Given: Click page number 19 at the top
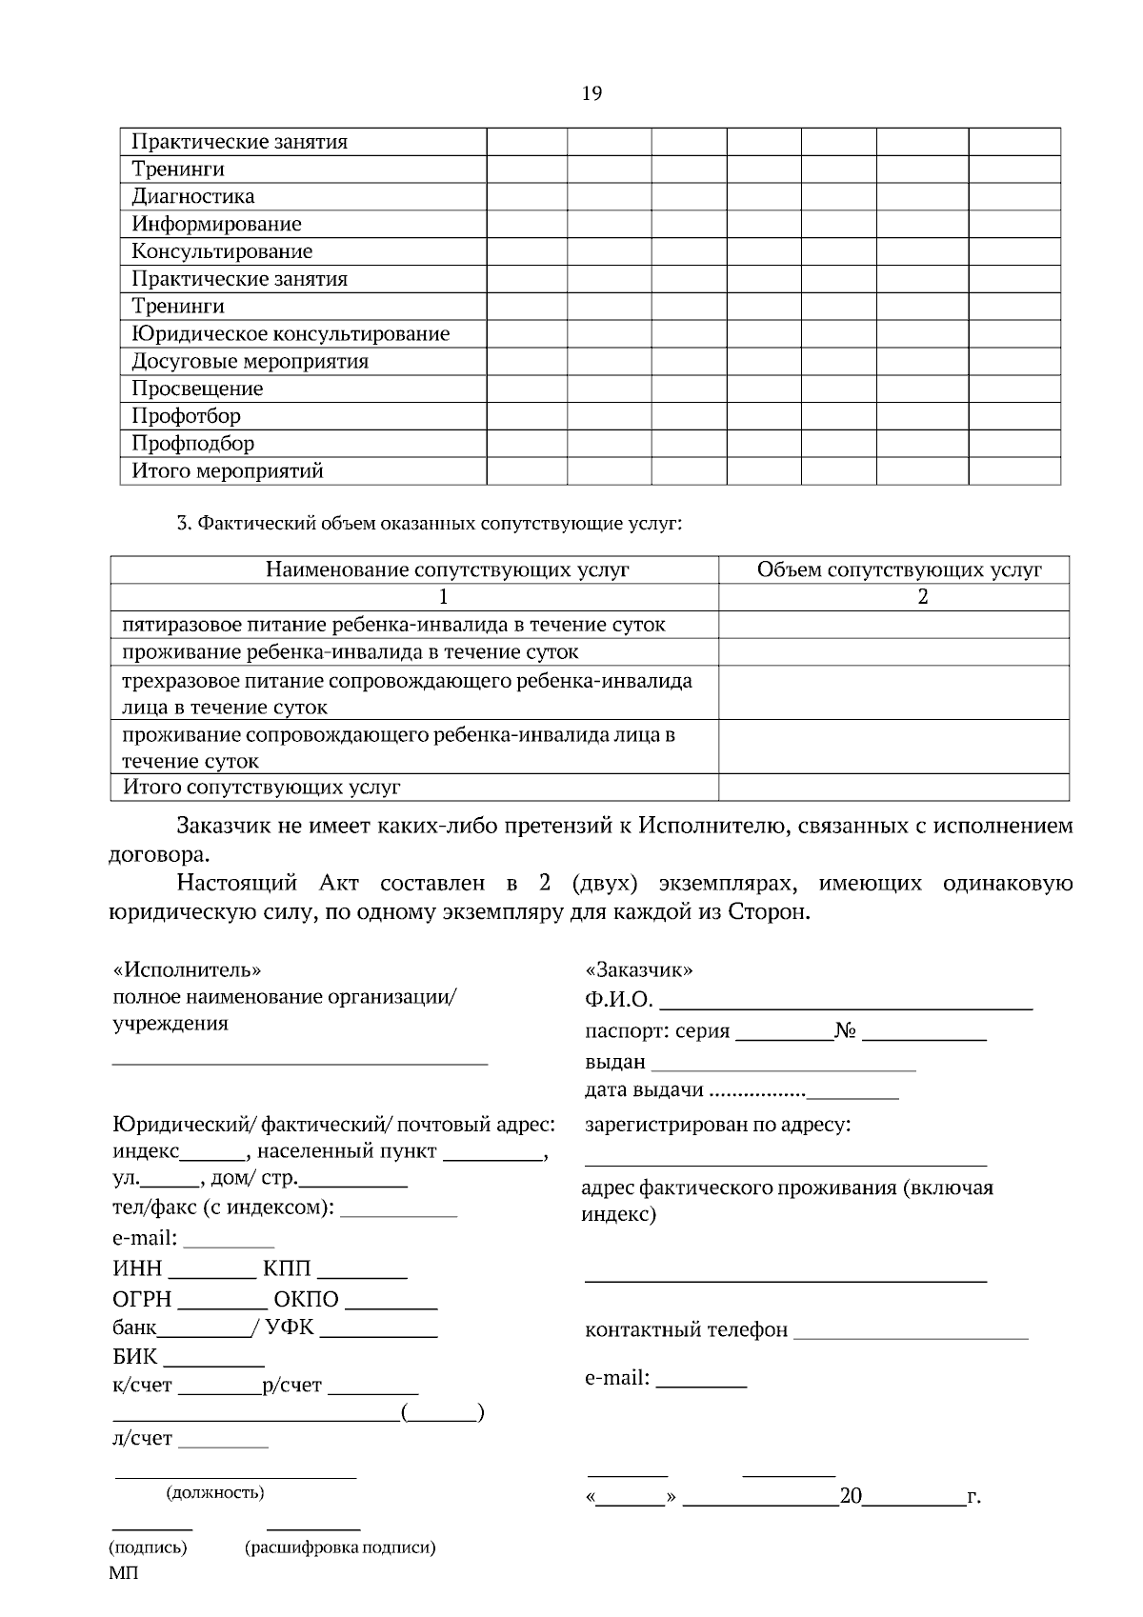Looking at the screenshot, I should (x=591, y=93).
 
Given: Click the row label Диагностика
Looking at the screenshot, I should (x=192, y=197).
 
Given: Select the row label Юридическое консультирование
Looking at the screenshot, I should (x=290, y=334).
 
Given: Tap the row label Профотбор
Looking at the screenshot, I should (x=186, y=416).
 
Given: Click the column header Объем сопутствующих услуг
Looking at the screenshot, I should (x=898, y=570).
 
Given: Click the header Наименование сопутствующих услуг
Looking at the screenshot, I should (x=447, y=570).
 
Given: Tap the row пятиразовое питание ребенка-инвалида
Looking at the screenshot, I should (x=392, y=626).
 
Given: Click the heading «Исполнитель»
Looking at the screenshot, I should (x=187, y=970).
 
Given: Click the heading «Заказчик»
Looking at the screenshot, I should (x=638, y=970).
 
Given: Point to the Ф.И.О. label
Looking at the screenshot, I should (x=618, y=1001).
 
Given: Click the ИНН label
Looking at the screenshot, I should (x=137, y=1270).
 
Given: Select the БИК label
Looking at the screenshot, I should (x=134, y=1357).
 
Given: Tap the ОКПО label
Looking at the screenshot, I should (x=306, y=1300).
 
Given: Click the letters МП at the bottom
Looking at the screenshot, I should (x=124, y=1573).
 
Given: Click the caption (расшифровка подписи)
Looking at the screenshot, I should (x=340, y=1547).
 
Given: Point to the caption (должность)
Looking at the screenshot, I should (x=215, y=1493).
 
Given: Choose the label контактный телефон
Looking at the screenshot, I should (x=686, y=1330).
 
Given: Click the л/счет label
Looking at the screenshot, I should (x=142, y=1439).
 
